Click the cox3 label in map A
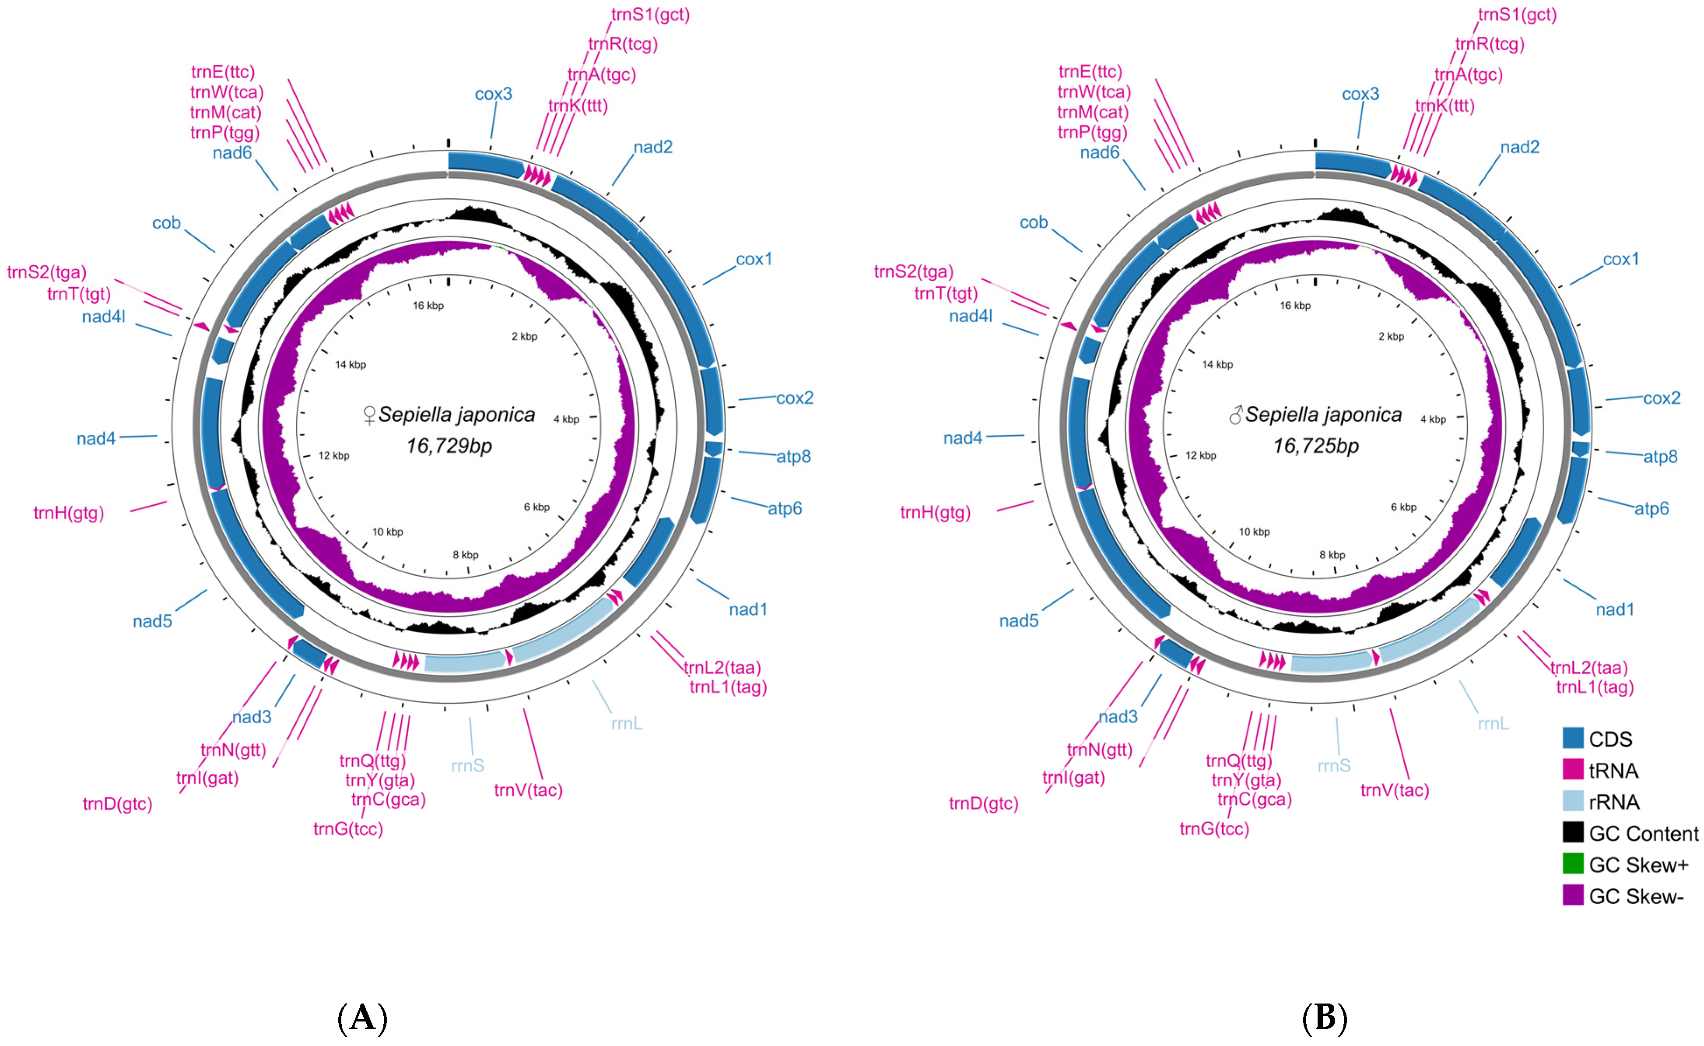pos(493,94)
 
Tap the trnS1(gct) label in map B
pos(1517,14)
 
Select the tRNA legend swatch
pos(1573,770)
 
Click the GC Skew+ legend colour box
pos(1573,864)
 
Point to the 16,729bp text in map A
pos(449,446)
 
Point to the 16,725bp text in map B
pos(1316,446)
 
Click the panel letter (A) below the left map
pos(362,1018)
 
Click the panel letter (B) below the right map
pos(1324,1018)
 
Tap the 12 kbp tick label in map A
pos(334,456)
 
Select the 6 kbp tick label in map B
pos(1403,507)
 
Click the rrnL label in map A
pos(627,724)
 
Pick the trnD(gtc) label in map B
pos(983,804)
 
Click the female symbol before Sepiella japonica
pos(369,415)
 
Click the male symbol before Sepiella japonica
pos(1236,415)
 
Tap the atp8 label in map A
pos(793,457)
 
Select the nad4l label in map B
pos(970,316)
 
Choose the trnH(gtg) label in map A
pos(68,513)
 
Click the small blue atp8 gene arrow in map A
pos(714,448)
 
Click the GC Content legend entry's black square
pos(1573,832)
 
